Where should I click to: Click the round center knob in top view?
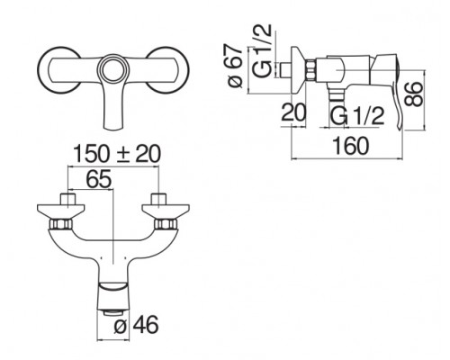(112, 68)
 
